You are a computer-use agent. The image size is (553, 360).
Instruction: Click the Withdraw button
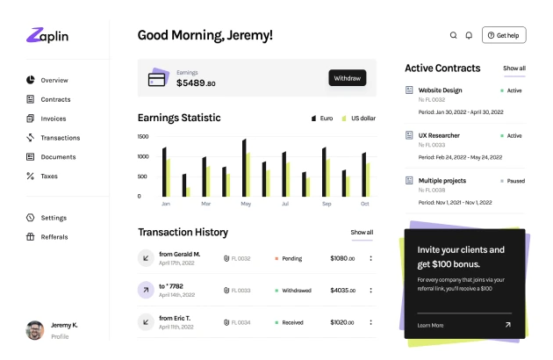click(348, 78)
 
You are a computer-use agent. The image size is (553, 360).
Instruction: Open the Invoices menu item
click(53, 119)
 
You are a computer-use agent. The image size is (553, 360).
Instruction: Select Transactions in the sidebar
click(60, 138)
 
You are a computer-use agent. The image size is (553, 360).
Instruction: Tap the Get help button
click(505, 35)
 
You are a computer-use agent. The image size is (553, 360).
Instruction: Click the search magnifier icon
click(454, 35)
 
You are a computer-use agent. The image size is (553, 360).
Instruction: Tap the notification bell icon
click(469, 35)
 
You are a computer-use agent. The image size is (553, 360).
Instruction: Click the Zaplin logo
click(47, 36)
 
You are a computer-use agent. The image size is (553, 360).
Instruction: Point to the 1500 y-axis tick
click(143, 137)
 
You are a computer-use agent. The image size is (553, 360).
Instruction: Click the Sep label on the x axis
click(327, 204)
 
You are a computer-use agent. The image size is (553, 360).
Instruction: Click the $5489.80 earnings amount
click(196, 83)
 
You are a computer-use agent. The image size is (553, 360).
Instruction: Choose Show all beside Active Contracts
click(514, 68)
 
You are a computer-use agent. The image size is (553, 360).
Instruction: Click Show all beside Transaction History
click(362, 233)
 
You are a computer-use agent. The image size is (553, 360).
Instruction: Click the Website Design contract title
click(440, 90)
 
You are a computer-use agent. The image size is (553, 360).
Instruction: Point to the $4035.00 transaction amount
click(342, 290)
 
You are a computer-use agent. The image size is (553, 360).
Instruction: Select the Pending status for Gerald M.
click(291, 259)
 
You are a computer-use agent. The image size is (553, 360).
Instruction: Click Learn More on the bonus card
click(431, 325)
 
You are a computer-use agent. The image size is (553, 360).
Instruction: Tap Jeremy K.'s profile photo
click(35, 330)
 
